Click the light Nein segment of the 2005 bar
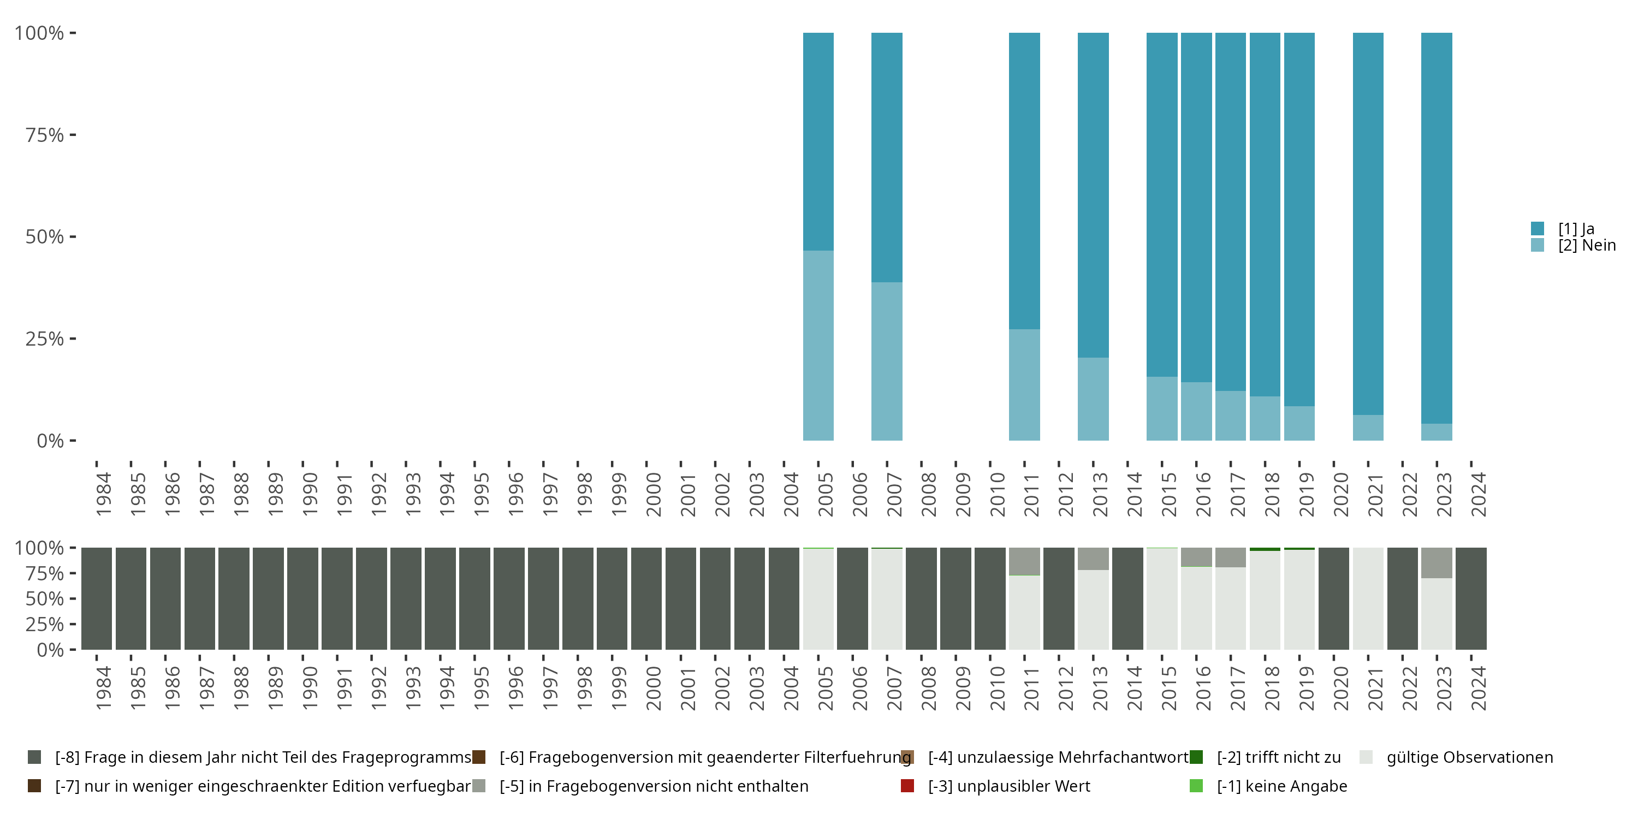818,345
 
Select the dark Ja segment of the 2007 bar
886,157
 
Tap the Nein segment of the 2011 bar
1024,385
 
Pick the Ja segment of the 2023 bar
1437,228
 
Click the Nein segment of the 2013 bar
1093,399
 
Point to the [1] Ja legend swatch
1538,228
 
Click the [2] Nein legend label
1587,246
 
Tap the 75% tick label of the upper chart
45,135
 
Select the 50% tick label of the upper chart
45,236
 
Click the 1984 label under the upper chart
103,494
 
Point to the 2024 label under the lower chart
1479,688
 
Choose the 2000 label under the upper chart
653,494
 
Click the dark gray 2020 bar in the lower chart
1333,598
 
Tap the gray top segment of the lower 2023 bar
1437,563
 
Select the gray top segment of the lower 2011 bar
1024,561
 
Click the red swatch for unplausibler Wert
907,786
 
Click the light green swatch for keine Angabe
1196,786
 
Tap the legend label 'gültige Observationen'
1469,757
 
